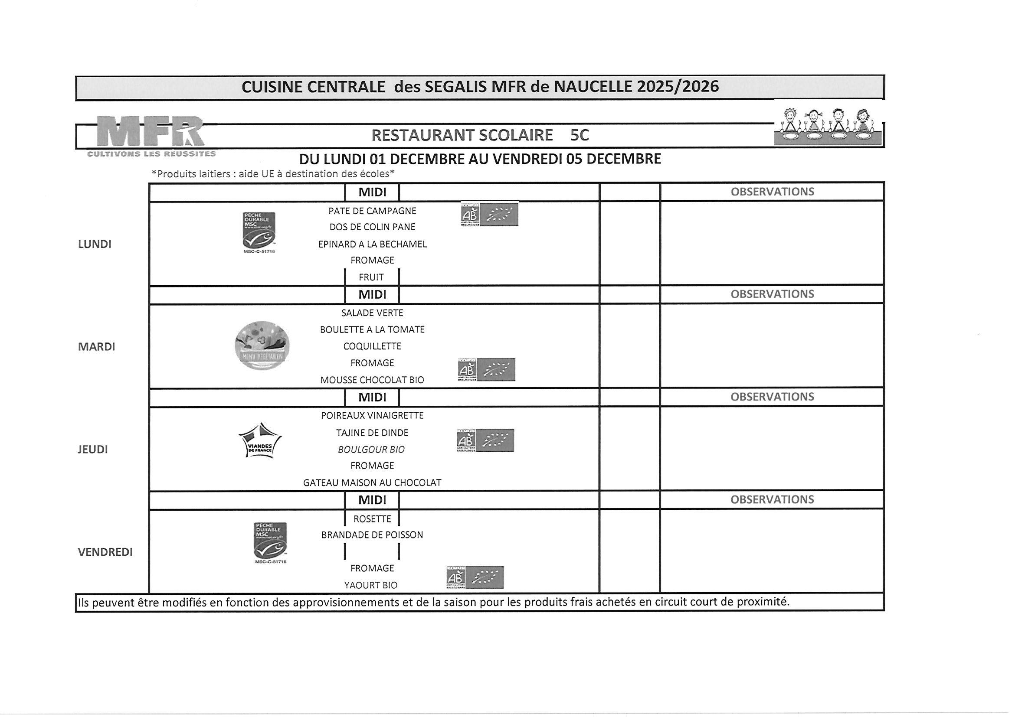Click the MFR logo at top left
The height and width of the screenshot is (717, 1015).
(x=151, y=132)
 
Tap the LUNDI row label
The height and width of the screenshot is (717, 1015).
(x=95, y=244)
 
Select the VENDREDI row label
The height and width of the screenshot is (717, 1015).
(x=105, y=552)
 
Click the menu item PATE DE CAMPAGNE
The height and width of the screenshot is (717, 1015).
(x=372, y=211)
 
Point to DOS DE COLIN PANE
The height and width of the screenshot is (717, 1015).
(x=372, y=227)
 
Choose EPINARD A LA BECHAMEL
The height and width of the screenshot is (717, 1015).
(x=372, y=244)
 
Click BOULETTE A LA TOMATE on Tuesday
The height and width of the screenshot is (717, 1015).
(x=372, y=329)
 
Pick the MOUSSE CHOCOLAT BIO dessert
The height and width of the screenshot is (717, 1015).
(x=372, y=380)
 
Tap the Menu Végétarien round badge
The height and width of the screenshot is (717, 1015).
(x=262, y=345)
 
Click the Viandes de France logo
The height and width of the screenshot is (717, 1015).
(x=260, y=441)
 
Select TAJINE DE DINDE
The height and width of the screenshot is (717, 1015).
(x=372, y=433)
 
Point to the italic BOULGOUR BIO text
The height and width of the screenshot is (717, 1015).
(x=371, y=450)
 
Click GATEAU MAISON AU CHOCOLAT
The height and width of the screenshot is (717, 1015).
(x=372, y=483)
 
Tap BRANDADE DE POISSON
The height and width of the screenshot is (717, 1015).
(x=372, y=535)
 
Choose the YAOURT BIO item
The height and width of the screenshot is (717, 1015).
(x=371, y=585)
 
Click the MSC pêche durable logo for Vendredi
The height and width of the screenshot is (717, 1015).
(x=270, y=541)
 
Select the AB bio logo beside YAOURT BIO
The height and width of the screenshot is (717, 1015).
(x=475, y=577)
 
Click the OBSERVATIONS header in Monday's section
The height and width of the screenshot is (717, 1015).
(x=772, y=192)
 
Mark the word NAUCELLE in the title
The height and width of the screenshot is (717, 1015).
(x=593, y=87)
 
